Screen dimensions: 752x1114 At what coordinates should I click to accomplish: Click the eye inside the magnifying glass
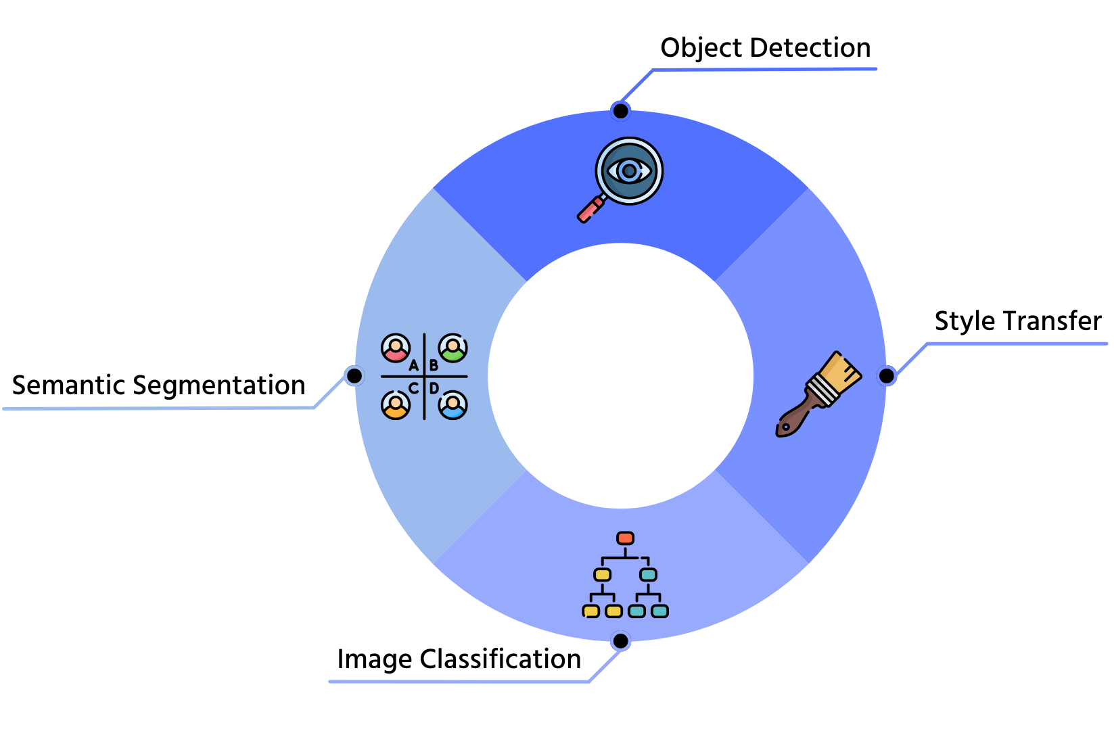pos(629,171)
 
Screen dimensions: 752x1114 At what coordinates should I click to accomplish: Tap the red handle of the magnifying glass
pos(590,210)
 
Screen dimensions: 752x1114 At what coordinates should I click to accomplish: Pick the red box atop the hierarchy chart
pos(625,538)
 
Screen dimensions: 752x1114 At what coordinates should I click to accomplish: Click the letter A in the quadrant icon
pos(413,366)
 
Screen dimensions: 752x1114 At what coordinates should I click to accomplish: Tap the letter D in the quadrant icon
pos(434,388)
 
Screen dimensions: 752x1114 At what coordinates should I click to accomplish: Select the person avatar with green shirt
pos(452,348)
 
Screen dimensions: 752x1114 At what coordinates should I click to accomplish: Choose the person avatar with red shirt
pos(395,348)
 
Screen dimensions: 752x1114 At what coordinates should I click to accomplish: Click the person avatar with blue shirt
pos(452,405)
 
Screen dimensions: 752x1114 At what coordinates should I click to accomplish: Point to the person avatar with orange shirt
pos(395,405)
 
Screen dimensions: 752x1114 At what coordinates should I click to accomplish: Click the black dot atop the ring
pos(620,111)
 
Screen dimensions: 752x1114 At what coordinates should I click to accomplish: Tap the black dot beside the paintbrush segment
pos(886,375)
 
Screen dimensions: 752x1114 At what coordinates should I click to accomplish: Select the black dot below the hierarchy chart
pos(620,640)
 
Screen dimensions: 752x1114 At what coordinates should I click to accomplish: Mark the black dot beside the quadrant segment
pos(354,375)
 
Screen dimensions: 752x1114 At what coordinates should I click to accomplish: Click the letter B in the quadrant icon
pos(434,366)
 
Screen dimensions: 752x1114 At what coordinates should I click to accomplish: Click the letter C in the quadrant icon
pos(413,388)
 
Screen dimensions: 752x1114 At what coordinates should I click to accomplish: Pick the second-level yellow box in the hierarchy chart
pos(602,575)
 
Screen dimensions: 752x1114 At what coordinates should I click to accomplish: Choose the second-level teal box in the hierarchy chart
pos(648,575)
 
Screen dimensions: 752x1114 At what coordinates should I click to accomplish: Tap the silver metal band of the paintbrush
pos(820,391)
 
